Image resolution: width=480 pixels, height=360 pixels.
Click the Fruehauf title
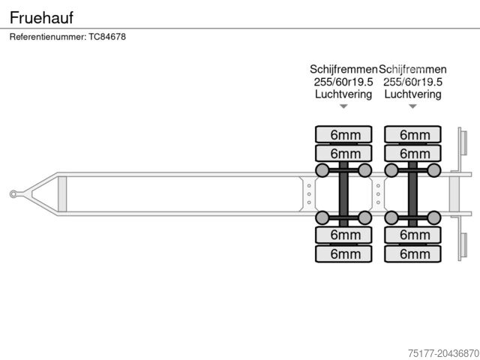pos(42,16)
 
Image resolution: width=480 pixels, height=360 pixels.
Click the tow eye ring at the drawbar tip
pos(13,194)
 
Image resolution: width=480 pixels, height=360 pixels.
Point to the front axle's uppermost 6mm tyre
pos(343,135)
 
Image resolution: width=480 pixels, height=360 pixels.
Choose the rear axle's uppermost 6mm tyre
pos(413,135)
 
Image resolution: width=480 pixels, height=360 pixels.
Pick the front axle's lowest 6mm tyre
pos(343,253)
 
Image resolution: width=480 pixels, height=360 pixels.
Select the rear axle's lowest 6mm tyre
pos(413,253)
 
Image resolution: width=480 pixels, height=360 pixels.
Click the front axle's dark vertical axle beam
pos(343,194)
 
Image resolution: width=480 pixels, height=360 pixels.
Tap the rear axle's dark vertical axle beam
pos(413,194)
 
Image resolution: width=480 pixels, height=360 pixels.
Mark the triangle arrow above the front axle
pos(343,106)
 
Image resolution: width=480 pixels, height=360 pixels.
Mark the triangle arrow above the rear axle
pos(413,106)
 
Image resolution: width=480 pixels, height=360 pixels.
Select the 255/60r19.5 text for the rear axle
pos(413,82)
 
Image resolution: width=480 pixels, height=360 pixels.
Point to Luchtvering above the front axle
pos(343,94)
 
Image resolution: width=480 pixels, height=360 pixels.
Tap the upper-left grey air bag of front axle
pos(322,170)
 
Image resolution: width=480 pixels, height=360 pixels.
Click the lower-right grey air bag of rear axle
pos(434,217)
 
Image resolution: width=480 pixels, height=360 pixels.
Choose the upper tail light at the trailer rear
pos(463,143)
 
